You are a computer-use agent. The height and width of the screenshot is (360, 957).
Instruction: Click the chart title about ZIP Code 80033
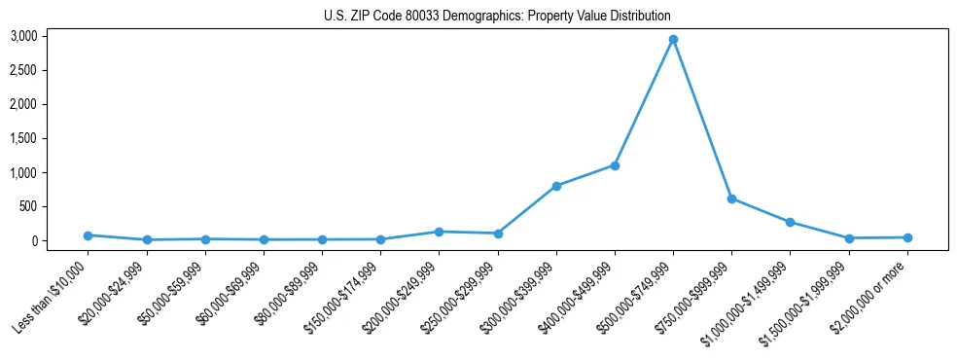pos(497,17)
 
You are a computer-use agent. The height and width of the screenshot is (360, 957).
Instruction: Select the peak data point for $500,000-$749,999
pos(673,40)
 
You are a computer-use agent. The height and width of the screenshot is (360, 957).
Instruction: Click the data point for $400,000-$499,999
pos(615,165)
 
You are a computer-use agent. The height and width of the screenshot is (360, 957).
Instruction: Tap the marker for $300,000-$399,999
pos(556,186)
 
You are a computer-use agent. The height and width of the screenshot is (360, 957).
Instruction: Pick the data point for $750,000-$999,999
pos(731,198)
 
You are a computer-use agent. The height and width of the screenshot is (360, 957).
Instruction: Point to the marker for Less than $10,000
pos(88,235)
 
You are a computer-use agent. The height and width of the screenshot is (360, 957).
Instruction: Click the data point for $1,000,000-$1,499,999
pos(790,222)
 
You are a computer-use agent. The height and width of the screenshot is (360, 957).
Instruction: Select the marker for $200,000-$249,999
pos(439,232)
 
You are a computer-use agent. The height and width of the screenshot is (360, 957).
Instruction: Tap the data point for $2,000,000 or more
pos(907,237)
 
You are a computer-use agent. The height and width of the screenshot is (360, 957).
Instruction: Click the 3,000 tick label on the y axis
pos(23,36)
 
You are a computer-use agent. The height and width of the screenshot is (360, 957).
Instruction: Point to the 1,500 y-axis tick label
pos(23,138)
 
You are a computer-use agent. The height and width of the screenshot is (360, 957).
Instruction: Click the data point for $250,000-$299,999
pos(498,234)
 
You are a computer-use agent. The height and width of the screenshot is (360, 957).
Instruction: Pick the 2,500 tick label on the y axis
pos(23,70)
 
